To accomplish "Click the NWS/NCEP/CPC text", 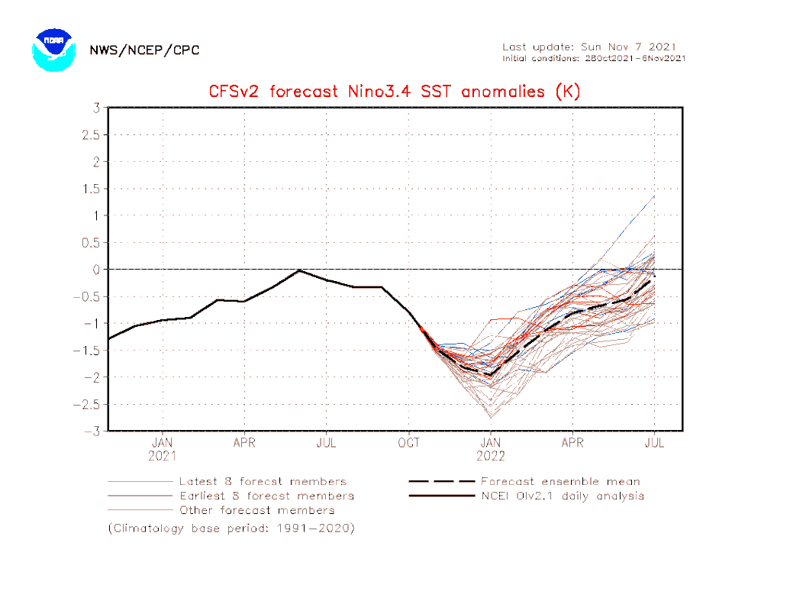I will point(144,50).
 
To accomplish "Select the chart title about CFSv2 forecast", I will point(395,92).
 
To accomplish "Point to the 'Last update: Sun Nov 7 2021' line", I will point(589,47).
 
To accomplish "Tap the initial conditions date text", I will point(594,58).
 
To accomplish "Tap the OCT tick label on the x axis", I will point(409,442).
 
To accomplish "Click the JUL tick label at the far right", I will point(655,442).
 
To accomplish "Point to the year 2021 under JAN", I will point(163,456).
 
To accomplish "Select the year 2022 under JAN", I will point(491,456).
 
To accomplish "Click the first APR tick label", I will point(244,442).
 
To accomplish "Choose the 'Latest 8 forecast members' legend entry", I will point(263,482).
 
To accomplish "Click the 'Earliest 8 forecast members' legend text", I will point(266,496).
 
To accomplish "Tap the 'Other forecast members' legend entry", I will point(256,510).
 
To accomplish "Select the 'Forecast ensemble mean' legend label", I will point(560,482).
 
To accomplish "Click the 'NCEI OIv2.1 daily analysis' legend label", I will point(563,496).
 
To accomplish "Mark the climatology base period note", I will point(231,528).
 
